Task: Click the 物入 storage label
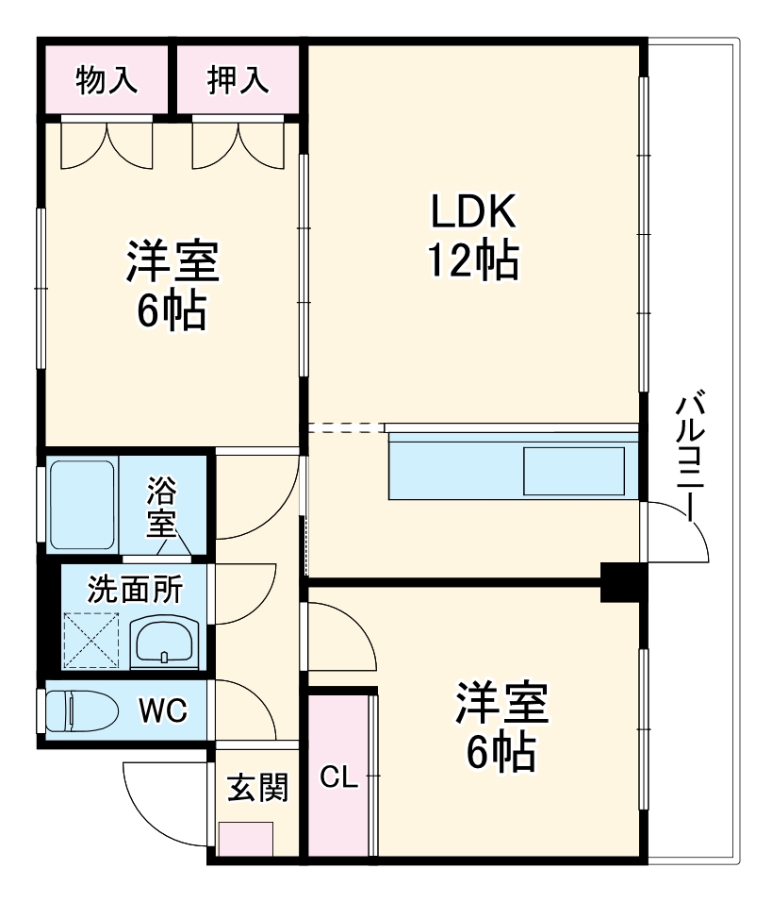click(x=107, y=79)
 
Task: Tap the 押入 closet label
click(x=238, y=79)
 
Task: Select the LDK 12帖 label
click(x=473, y=236)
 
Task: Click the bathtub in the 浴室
click(x=82, y=505)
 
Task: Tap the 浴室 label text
click(x=161, y=507)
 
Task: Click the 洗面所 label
click(x=135, y=589)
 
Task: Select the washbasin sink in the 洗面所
click(x=165, y=643)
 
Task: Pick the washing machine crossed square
click(x=90, y=640)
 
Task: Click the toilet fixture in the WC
click(x=82, y=710)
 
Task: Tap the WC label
click(x=163, y=711)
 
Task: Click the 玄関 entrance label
click(x=258, y=788)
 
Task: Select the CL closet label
click(x=338, y=777)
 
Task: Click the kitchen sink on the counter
click(x=574, y=471)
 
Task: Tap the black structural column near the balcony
click(x=620, y=582)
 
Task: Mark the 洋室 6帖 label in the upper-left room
click(x=172, y=285)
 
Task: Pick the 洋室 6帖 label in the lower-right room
click(x=502, y=727)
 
